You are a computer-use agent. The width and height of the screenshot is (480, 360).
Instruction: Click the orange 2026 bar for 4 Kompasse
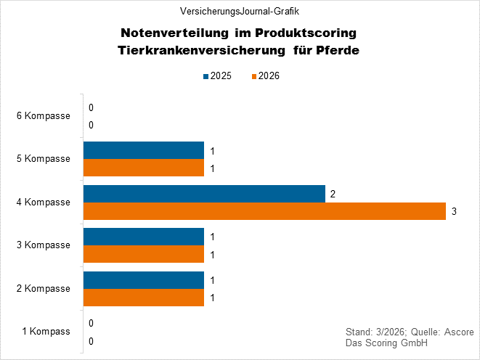pyautogui.click(x=264, y=211)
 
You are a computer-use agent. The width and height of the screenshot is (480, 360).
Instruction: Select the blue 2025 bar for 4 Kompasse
pyautogui.click(x=204, y=194)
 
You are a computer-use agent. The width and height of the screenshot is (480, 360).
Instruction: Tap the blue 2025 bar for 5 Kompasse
pyautogui.click(x=144, y=150)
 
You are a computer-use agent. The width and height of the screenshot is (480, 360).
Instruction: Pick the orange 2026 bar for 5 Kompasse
pyautogui.click(x=144, y=168)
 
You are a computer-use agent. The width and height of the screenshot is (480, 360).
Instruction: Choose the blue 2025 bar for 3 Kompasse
pyautogui.click(x=144, y=237)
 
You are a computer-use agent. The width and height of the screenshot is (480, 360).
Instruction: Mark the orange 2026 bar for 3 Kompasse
pyautogui.click(x=144, y=254)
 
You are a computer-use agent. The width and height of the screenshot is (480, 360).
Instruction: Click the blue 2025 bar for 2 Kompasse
pyautogui.click(x=144, y=280)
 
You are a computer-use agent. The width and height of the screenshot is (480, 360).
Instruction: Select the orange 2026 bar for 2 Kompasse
pyautogui.click(x=144, y=298)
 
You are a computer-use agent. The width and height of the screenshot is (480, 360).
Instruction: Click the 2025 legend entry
pyautogui.click(x=216, y=76)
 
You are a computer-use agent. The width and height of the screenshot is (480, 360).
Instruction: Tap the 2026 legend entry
pyautogui.click(x=264, y=76)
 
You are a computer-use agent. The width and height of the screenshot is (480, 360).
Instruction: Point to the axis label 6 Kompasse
pyautogui.click(x=44, y=116)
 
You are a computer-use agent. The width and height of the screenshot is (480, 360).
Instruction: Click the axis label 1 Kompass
pyautogui.click(x=46, y=332)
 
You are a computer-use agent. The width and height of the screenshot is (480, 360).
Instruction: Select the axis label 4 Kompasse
pyautogui.click(x=44, y=202)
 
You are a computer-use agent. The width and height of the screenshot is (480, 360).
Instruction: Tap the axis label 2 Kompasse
pyautogui.click(x=44, y=288)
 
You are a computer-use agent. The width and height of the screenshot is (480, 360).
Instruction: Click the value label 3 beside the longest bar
pyautogui.click(x=454, y=212)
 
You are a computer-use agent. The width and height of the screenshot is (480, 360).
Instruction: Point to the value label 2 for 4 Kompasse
pyautogui.click(x=333, y=194)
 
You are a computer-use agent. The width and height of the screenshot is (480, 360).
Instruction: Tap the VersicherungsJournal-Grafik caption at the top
pyautogui.click(x=240, y=11)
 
